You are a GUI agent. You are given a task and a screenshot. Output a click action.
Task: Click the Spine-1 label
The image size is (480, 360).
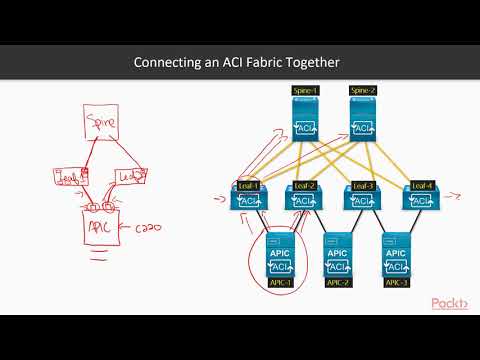[305, 91]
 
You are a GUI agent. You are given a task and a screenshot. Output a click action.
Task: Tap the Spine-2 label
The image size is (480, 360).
[363, 91]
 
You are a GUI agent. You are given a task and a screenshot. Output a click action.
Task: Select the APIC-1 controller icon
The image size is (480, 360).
[280, 256]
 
